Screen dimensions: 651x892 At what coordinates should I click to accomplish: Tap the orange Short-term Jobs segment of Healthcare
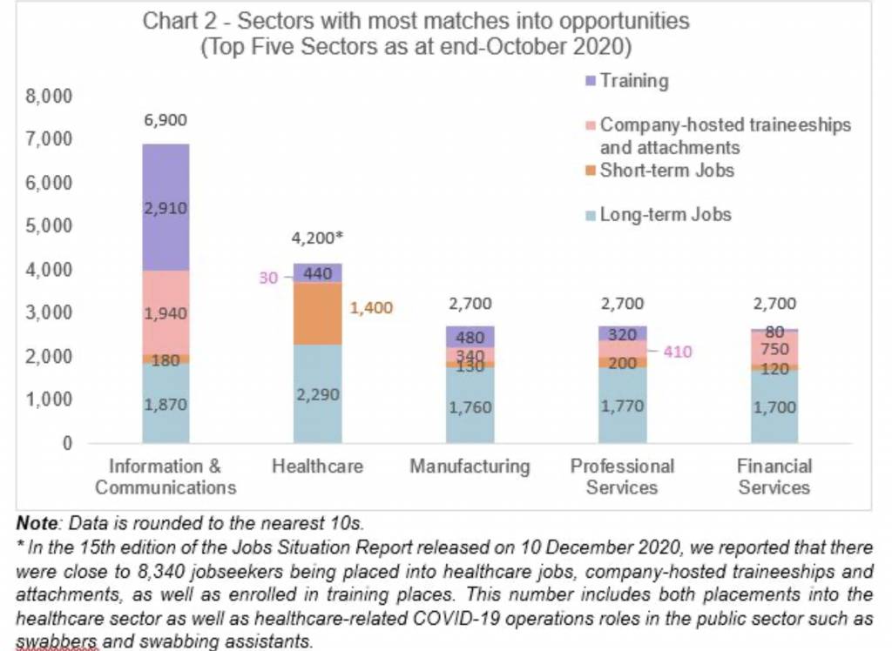coord(317,313)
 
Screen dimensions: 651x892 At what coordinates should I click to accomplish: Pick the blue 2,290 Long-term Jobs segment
coord(317,393)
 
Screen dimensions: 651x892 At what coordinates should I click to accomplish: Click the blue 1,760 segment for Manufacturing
coord(470,405)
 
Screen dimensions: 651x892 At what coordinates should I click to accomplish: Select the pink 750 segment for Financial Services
coord(774,349)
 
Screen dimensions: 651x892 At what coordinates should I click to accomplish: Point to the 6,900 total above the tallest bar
coord(166,121)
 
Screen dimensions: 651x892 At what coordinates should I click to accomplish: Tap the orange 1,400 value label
coord(373,308)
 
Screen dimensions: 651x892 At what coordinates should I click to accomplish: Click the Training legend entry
coord(633,82)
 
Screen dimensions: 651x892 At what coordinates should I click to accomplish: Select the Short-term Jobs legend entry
coord(666,170)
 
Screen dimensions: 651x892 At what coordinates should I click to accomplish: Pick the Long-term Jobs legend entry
coord(665,214)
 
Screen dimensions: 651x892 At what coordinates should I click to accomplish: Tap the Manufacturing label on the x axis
coord(470,466)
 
